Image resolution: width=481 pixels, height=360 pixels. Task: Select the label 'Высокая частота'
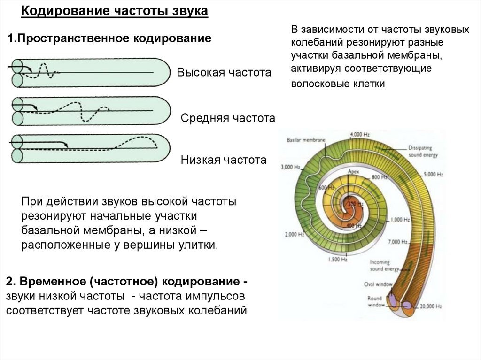224,73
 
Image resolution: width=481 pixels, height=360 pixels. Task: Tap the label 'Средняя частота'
228,118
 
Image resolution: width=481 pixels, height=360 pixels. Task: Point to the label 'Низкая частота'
224,160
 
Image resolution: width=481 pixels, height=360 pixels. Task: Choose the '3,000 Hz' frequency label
290,167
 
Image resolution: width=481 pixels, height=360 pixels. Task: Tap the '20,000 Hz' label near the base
427,306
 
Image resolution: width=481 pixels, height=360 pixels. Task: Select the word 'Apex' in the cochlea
353,172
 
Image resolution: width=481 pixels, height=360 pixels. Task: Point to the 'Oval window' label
374,284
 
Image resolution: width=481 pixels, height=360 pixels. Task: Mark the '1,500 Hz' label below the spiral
337,259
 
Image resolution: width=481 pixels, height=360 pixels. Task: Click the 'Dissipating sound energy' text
423,150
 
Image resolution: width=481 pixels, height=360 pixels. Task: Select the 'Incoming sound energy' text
384,265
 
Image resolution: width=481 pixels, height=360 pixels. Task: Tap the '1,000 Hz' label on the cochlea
400,219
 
